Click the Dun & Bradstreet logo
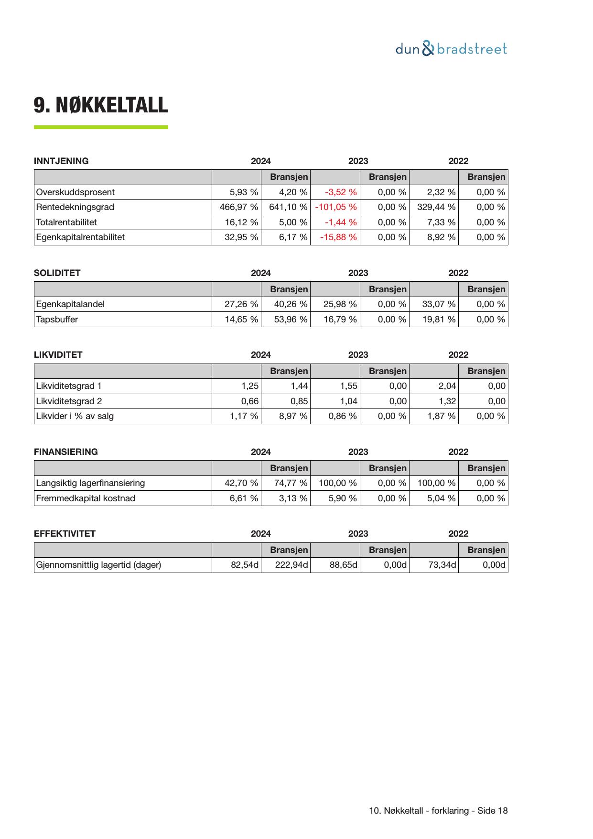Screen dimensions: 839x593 451,49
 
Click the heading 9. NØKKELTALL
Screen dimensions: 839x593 101,105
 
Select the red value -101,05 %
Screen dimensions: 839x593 336,207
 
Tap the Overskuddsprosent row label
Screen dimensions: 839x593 75,192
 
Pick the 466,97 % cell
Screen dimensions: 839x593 238,207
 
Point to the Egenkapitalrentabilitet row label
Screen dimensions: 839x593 80,237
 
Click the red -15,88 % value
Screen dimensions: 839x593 338,237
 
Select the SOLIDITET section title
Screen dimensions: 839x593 57,273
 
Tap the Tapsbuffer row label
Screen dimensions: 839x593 57,320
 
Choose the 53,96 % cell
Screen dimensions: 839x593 291,320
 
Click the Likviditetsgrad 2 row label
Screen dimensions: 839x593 69,401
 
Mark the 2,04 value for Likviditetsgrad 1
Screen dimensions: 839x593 447,386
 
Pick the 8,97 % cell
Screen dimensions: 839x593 293,416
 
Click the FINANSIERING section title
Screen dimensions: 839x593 65,452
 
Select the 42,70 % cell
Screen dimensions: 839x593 241,483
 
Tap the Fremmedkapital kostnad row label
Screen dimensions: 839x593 86,498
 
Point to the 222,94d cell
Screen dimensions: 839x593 291,565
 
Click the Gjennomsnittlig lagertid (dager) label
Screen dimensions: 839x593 98,565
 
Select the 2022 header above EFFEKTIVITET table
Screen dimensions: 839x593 458,534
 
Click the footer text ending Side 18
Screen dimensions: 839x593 438,811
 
